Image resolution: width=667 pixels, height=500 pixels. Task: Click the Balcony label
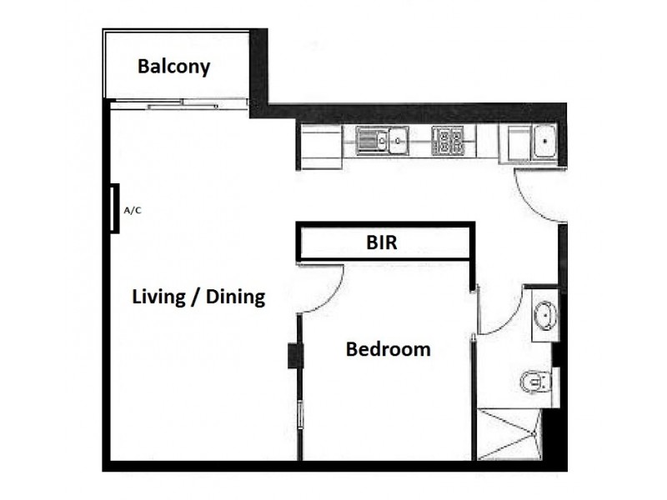(173, 66)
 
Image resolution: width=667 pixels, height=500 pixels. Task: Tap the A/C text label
(133, 211)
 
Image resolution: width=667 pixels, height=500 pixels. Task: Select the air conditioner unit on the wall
(115, 208)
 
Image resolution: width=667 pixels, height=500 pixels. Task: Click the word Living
(158, 297)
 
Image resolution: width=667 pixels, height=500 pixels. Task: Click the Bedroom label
(388, 349)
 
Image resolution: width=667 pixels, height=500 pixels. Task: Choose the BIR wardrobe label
(382, 244)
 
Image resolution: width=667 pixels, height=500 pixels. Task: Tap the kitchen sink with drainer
(381, 141)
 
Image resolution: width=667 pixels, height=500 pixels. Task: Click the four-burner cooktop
(448, 141)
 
